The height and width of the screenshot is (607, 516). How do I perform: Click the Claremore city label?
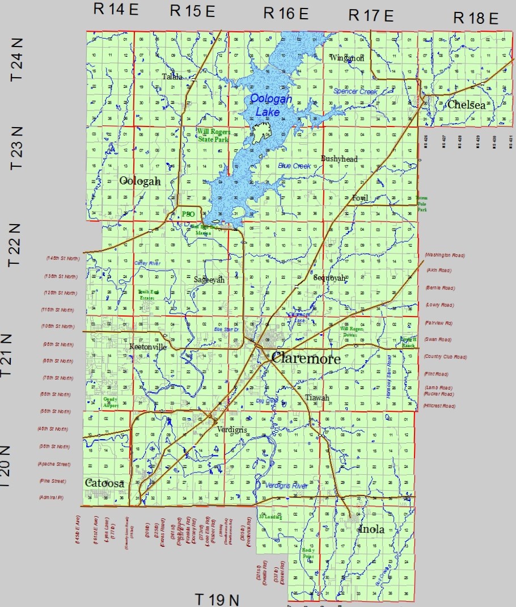pos(306,359)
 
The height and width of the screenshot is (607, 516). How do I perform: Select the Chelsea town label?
pos(466,105)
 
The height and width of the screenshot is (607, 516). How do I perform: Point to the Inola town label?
pos(371,529)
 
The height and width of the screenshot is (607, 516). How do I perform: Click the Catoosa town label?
pos(104,483)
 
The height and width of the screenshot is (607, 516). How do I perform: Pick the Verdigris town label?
pos(232,430)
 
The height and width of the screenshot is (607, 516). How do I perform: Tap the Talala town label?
pos(172,77)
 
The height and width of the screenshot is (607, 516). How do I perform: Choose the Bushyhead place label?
pos(339,159)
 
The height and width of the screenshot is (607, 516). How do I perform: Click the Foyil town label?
pos(359,198)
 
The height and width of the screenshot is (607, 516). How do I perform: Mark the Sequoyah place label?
pos(329,278)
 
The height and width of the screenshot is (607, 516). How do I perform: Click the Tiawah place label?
pos(316,398)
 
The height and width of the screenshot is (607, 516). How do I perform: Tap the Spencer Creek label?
pos(355,91)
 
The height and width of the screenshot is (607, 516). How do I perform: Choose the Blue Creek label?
pos(294,166)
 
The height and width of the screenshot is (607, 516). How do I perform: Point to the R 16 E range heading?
pos(286,13)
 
